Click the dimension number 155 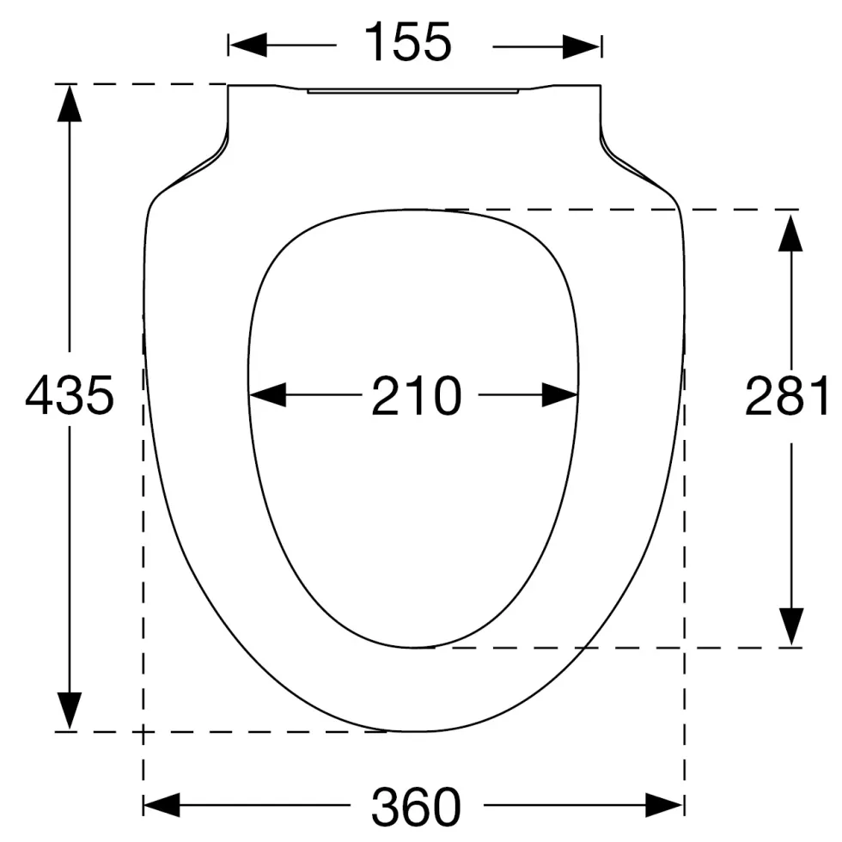[407, 42]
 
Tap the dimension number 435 [70, 396]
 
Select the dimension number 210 [416, 396]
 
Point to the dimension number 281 [786, 396]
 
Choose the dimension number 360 [416, 807]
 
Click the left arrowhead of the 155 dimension [247, 45]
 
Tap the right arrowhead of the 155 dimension [582, 46]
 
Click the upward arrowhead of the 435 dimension [70, 103]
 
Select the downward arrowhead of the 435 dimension [70, 711]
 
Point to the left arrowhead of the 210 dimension [267, 394]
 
